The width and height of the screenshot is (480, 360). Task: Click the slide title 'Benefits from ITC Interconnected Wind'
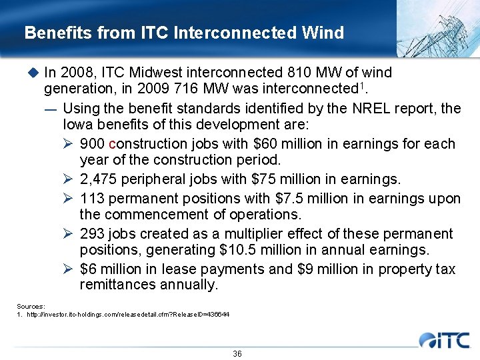184,33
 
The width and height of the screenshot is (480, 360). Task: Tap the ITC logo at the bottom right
445,339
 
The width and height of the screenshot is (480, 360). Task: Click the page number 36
237,353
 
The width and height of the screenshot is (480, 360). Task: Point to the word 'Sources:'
31,306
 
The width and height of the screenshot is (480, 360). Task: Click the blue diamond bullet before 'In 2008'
33,72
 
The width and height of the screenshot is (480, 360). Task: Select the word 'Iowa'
77,125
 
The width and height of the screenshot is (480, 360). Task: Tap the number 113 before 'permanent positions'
92,198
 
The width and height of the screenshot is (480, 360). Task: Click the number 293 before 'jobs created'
92,234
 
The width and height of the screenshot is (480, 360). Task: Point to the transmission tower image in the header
437,27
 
